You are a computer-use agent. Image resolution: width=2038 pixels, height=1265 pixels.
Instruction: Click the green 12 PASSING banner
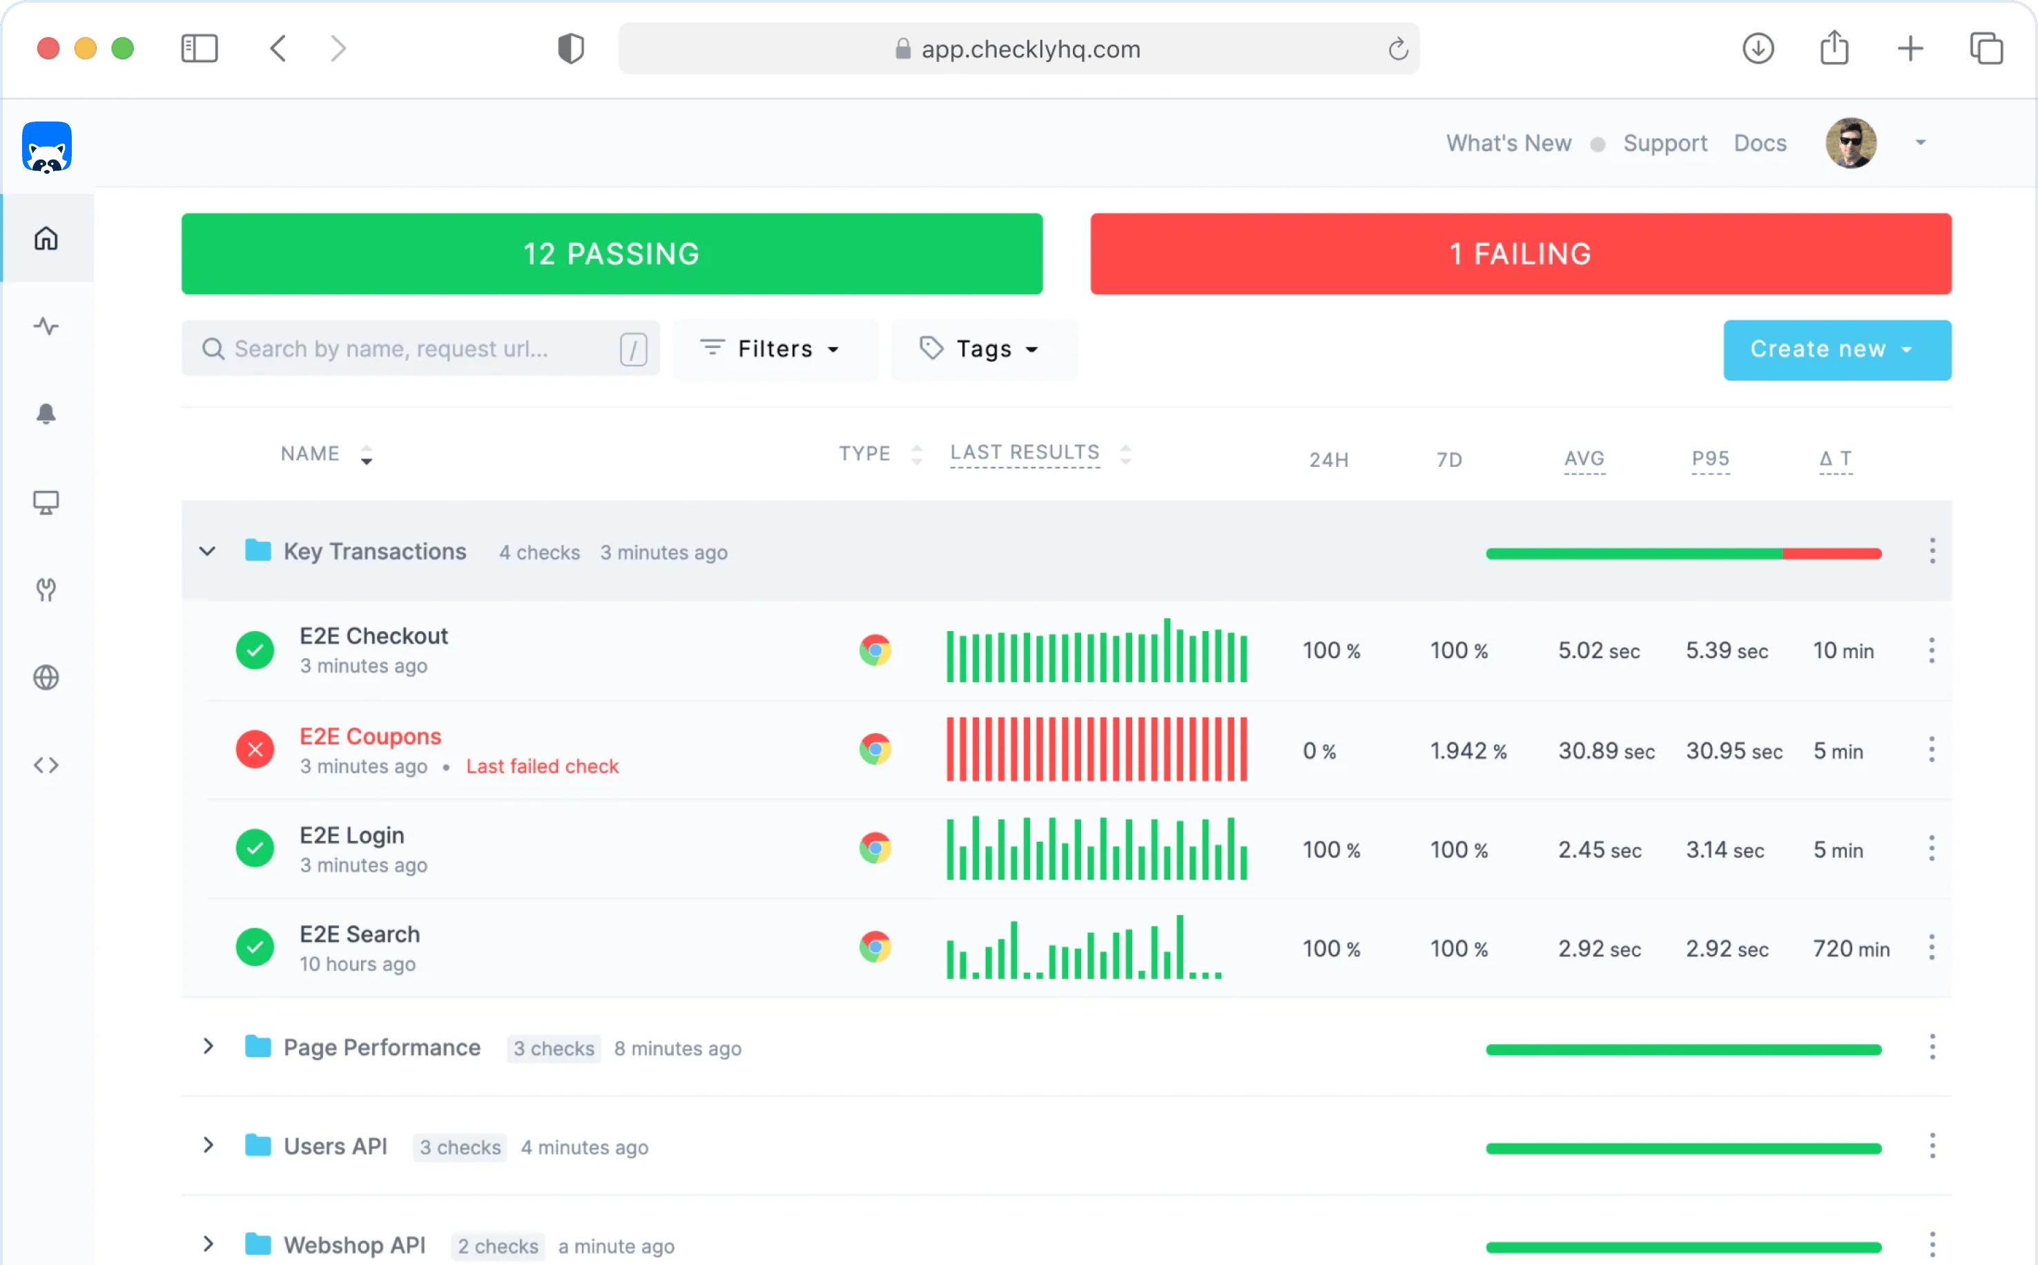pyautogui.click(x=611, y=253)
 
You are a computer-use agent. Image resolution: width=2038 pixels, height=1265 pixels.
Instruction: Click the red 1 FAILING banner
pyautogui.click(x=1520, y=253)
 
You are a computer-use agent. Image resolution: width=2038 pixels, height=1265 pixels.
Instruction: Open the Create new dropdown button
pyautogui.click(x=1836, y=349)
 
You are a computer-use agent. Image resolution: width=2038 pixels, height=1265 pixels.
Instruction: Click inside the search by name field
pyautogui.click(x=401, y=349)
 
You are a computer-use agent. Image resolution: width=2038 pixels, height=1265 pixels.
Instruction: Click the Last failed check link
pyautogui.click(x=542, y=766)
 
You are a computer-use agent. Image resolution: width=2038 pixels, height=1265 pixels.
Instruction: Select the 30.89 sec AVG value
pyautogui.click(x=1606, y=751)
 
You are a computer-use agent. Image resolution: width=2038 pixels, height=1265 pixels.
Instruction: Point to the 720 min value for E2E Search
pyautogui.click(x=1851, y=949)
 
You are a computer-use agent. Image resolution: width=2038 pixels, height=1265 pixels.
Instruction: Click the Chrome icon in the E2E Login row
pyautogui.click(x=875, y=849)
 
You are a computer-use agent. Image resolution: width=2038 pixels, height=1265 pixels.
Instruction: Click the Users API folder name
pyautogui.click(x=336, y=1146)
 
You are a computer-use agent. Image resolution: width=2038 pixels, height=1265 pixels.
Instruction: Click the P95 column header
pyautogui.click(x=1710, y=458)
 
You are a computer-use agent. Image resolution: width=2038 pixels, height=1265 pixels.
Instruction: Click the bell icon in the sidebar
pyautogui.click(x=46, y=414)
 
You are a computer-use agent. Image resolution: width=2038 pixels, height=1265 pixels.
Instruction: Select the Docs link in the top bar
pyautogui.click(x=1760, y=143)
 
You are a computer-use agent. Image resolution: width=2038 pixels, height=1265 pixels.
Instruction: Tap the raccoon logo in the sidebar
pyautogui.click(x=47, y=147)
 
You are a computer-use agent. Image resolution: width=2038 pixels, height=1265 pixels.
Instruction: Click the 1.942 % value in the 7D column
pyautogui.click(x=1468, y=751)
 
